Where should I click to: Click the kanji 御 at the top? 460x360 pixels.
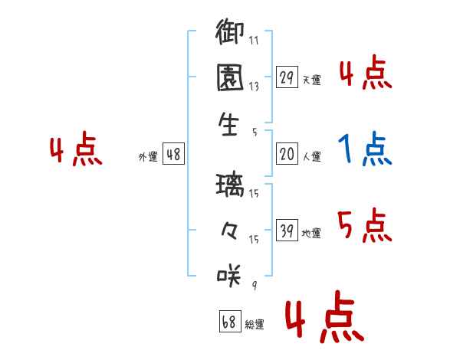coord(230,31)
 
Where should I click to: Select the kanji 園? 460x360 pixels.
coord(230,77)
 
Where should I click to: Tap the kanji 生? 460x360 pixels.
coord(228,124)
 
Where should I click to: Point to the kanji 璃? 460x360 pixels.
coord(230,185)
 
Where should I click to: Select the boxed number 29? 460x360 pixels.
coord(287,77)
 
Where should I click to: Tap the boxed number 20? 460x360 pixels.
coord(287,154)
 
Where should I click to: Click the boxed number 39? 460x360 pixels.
coord(287,230)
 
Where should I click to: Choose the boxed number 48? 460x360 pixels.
coord(173,154)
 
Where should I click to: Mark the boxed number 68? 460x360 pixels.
coord(230,321)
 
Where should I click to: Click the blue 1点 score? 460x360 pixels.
coord(365,149)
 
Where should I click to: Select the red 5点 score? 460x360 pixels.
coord(365,225)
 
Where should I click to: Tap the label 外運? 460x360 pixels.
coord(148,157)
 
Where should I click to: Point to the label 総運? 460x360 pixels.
coord(255,324)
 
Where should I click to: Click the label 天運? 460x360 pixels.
coord(311,80)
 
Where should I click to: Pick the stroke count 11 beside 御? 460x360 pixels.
coord(254,40)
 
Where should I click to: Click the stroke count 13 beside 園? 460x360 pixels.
coord(254,87)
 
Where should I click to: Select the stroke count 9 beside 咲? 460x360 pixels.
coord(255,285)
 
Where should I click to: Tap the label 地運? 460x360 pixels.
coord(311,234)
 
